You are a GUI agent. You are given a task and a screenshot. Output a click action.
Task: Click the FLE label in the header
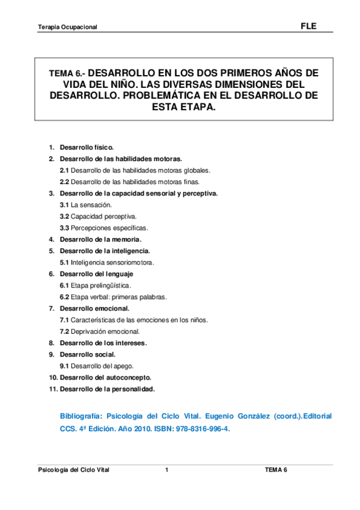point(308,26)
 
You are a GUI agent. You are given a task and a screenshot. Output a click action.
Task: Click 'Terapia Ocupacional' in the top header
point(67,28)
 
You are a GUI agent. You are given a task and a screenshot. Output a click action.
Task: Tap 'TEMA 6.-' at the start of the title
point(67,73)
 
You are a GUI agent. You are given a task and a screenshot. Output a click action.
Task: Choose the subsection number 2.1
point(64,170)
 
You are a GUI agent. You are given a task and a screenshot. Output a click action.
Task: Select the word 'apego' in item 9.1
point(123,366)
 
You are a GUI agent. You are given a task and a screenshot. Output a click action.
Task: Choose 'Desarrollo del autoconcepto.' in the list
point(105,378)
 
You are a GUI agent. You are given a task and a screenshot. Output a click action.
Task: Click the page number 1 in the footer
point(167,470)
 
